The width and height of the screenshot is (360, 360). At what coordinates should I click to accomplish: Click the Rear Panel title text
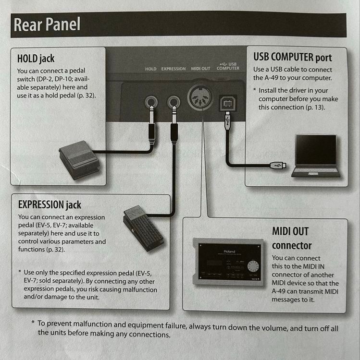coord(47,24)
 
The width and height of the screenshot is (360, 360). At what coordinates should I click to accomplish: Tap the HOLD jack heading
coord(36,58)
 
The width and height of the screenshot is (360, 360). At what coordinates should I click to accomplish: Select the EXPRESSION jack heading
coord(50,204)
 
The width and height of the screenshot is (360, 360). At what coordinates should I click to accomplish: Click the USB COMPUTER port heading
coord(293,57)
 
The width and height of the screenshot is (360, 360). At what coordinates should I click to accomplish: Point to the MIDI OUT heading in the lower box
coord(290,231)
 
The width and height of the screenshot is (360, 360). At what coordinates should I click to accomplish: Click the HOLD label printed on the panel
coord(150,69)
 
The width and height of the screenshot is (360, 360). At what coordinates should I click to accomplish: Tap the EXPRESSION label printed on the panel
coord(174,69)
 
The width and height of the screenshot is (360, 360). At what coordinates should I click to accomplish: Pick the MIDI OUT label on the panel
coord(200,69)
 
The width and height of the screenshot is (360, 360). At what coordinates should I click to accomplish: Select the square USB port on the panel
coord(228,103)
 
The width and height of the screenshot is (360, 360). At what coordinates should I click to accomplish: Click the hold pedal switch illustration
coord(79,159)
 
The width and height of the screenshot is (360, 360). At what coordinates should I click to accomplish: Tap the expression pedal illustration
coord(143,228)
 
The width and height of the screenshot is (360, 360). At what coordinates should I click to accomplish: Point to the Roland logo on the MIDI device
coord(229,252)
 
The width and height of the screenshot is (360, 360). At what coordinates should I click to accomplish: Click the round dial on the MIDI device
coord(253,266)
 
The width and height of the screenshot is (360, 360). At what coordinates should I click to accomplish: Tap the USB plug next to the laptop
coord(278,165)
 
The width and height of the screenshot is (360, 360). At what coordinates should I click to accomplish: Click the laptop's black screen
coord(316,149)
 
